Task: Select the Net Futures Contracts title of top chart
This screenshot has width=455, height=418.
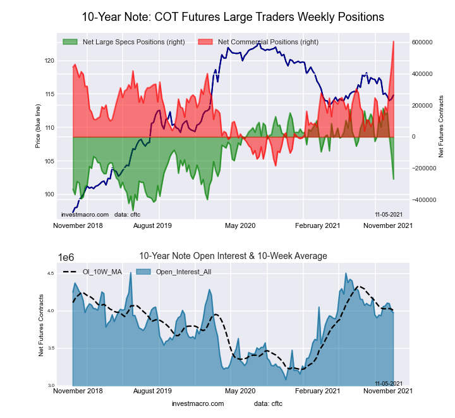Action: point(441,127)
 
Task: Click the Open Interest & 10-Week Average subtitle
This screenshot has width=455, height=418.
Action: point(233,256)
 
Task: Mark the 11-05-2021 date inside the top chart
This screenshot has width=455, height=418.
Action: point(389,214)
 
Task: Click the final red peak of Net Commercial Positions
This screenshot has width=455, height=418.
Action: point(394,42)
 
